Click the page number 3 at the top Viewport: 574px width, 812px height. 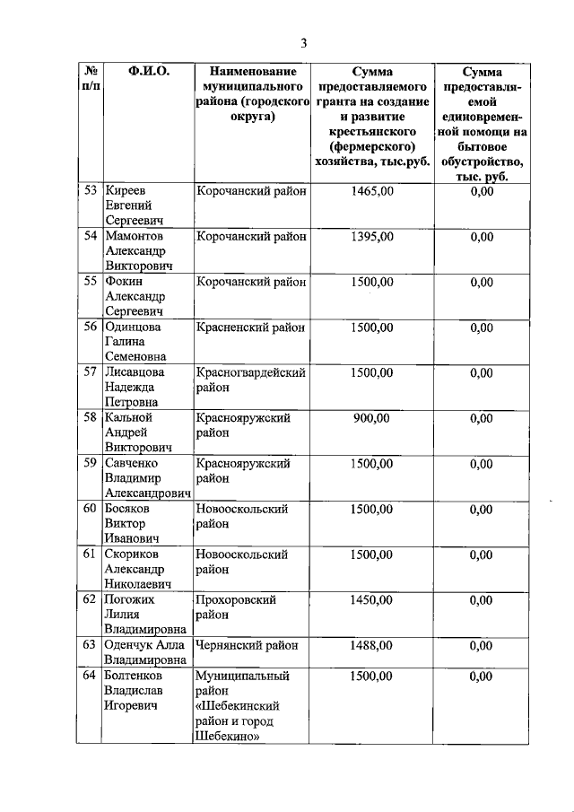click(x=303, y=43)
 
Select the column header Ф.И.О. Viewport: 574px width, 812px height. click(x=149, y=71)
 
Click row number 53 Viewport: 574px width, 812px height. click(x=90, y=191)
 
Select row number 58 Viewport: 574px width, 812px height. click(x=90, y=418)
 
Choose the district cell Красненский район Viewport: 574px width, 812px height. click(x=250, y=327)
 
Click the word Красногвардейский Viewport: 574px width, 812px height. click(x=251, y=372)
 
